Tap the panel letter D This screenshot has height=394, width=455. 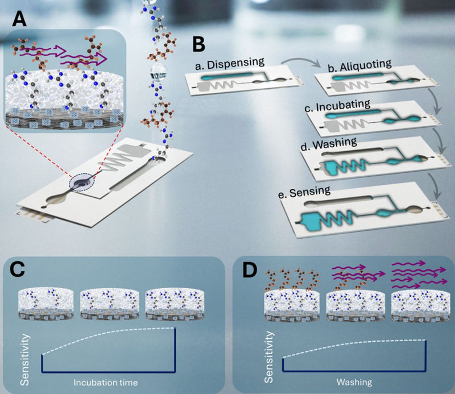pyautogui.click(x=250, y=268)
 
